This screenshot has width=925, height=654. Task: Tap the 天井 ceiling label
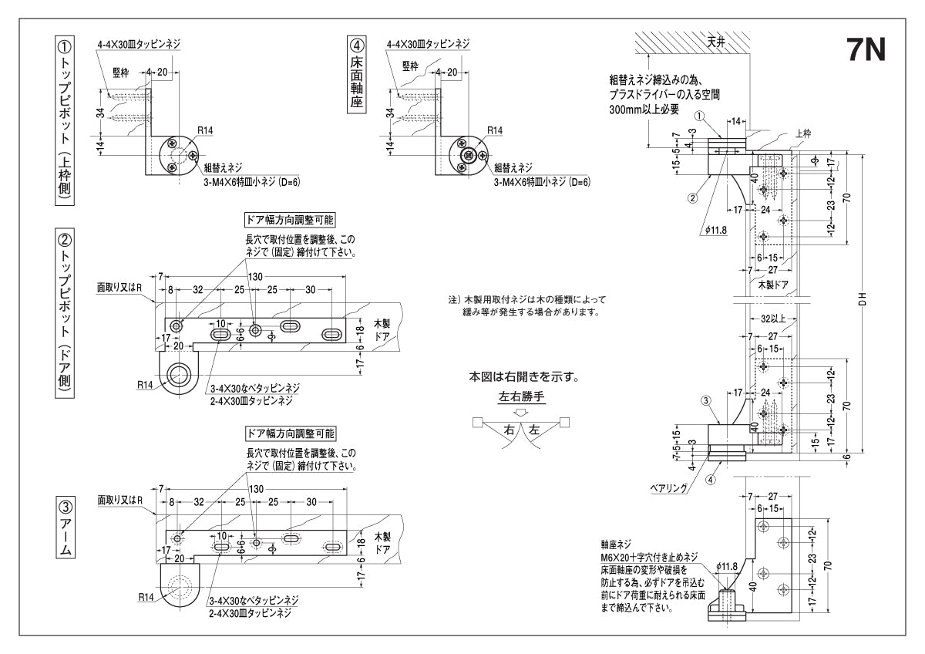point(715,42)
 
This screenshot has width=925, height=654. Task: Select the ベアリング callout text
point(668,488)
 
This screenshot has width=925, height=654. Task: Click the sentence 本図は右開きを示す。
point(523,378)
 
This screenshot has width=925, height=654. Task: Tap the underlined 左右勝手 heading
point(521,398)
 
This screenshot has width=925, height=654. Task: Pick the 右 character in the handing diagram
point(508,430)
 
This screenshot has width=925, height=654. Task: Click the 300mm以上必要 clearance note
point(644,109)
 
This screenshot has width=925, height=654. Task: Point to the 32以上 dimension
point(772,318)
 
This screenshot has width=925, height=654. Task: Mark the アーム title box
point(66,528)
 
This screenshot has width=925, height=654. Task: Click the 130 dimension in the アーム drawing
point(256,490)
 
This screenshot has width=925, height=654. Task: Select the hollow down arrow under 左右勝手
point(521,411)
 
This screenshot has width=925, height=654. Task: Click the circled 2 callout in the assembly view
point(692,197)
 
